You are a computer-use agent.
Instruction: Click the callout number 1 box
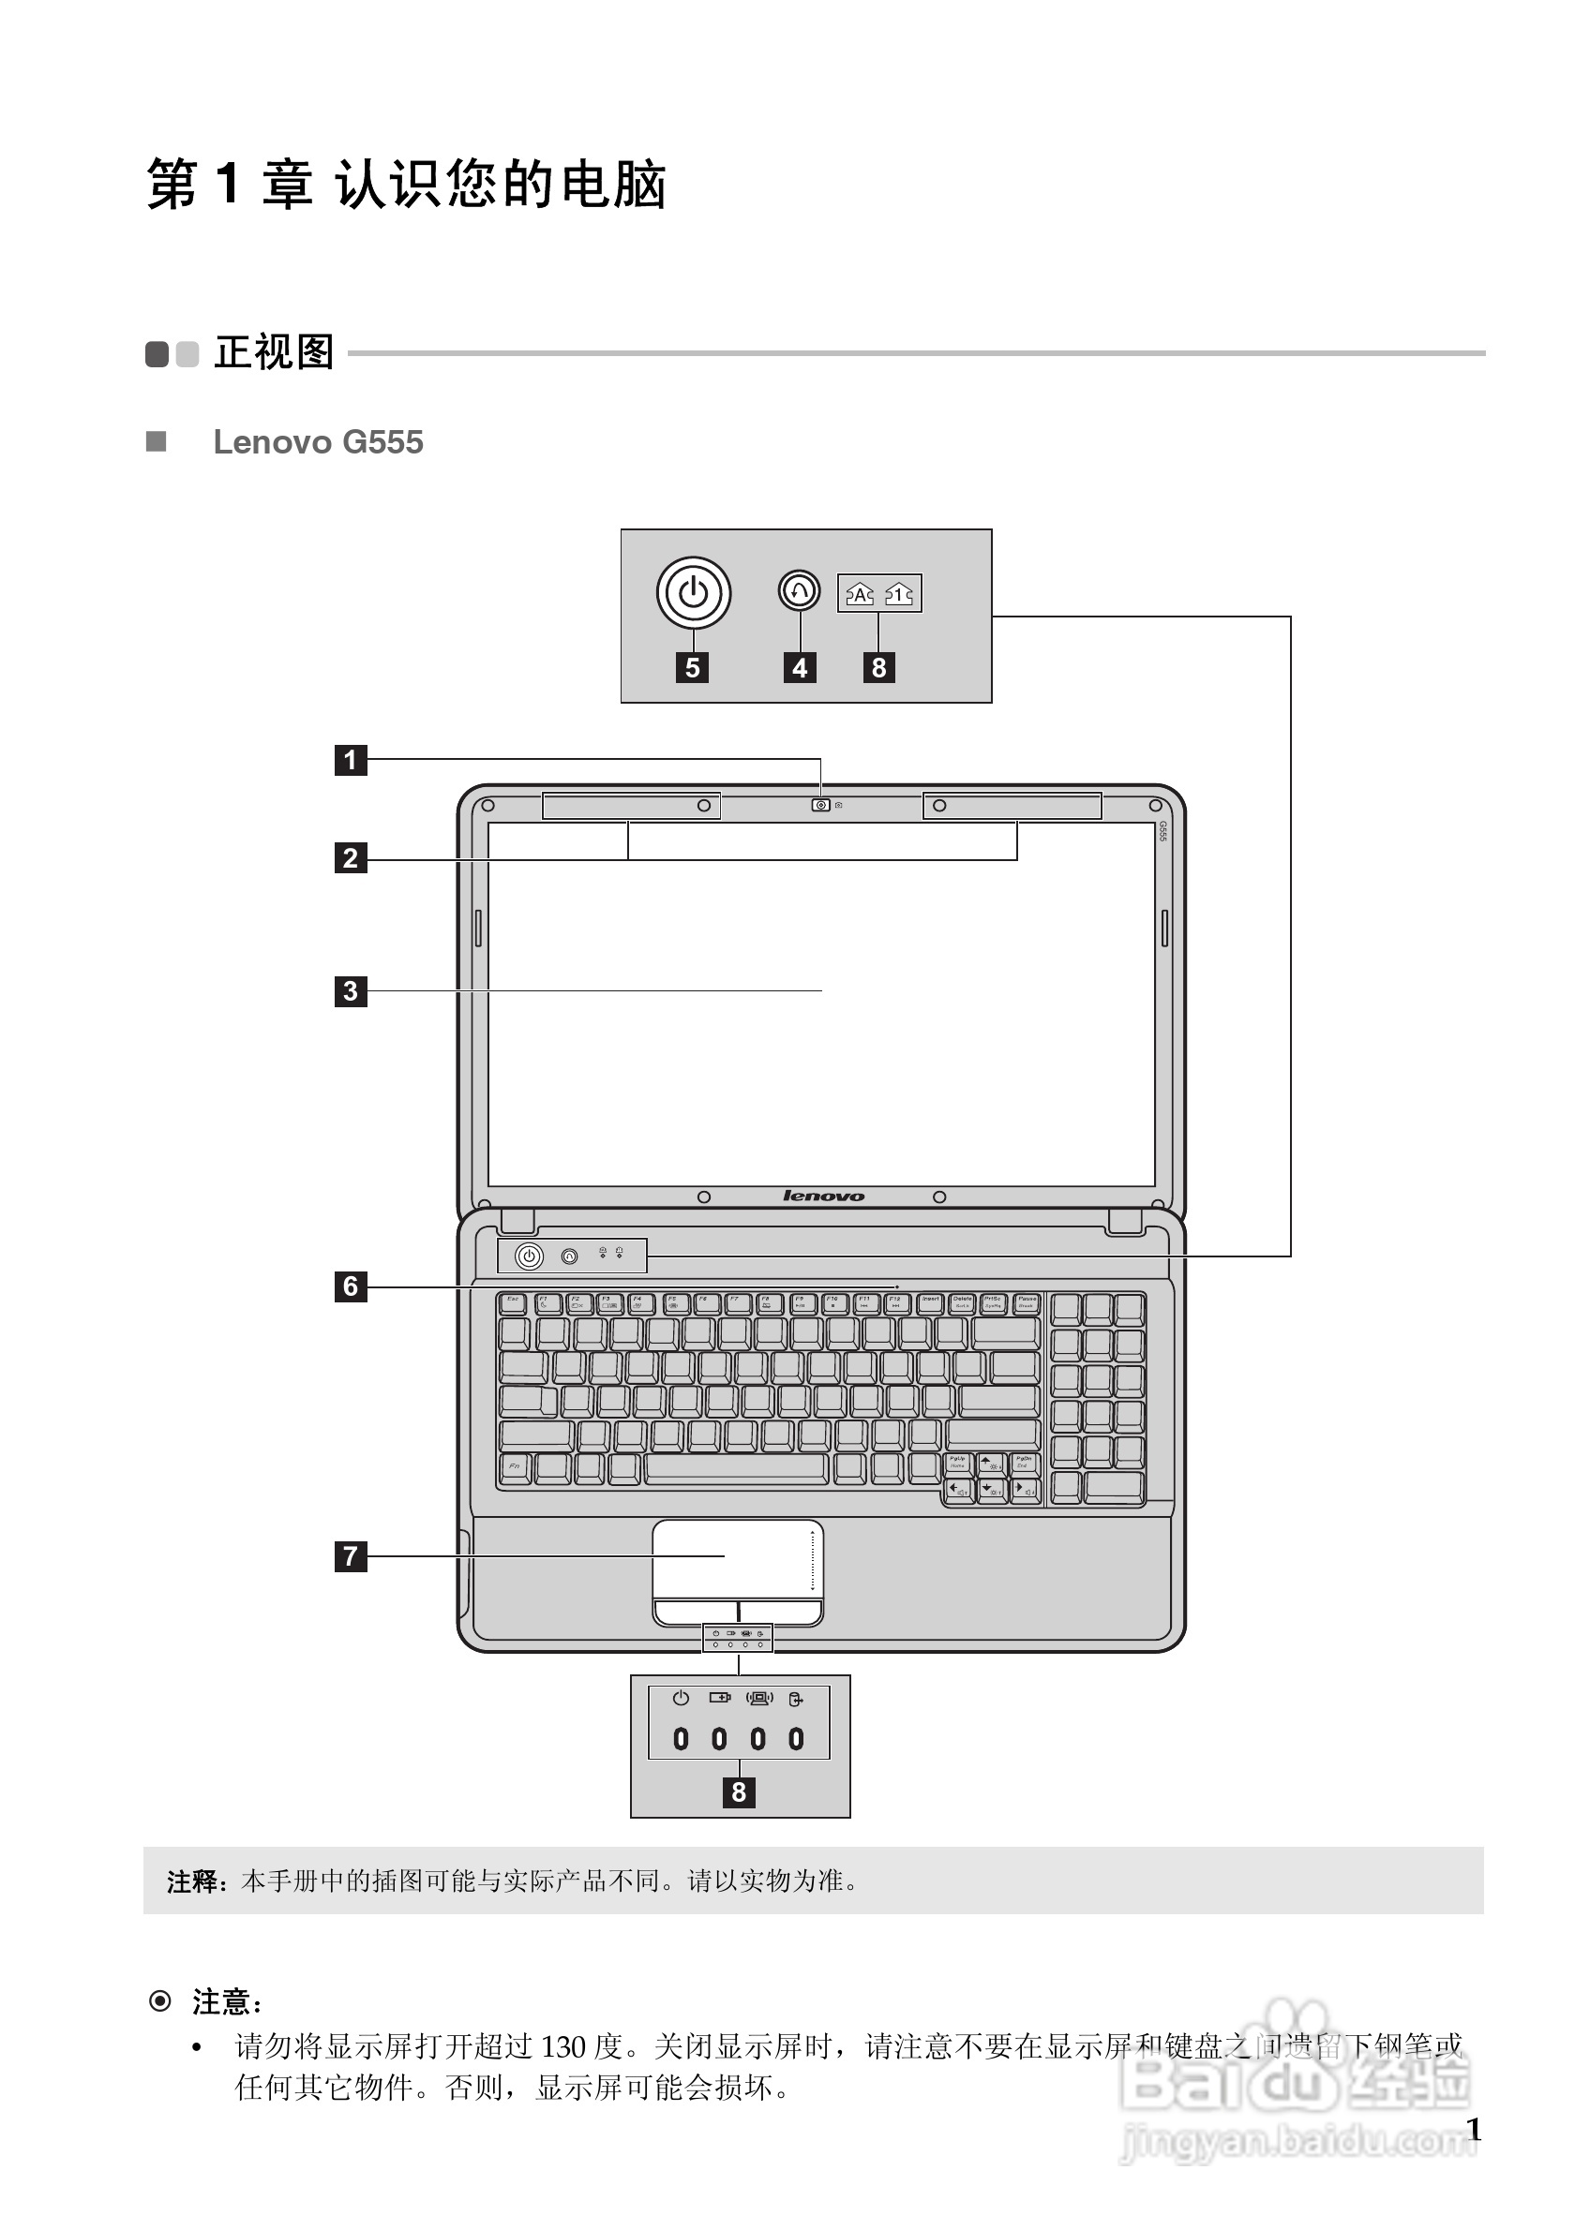[x=351, y=760]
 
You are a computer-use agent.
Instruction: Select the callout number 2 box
[x=351, y=858]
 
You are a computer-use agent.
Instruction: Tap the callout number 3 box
[x=351, y=990]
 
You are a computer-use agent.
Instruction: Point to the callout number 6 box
[x=351, y=1286]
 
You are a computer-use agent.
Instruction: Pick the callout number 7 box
[x=351, y=1556]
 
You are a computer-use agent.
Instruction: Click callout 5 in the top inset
[x=692, y=668]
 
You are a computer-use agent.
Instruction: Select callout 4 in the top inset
[x=800, y=668]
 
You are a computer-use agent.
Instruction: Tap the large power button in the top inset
[x=693, y=592]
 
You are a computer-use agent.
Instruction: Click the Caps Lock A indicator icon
[x=860, y=593]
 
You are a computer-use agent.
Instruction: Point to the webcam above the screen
[x=821, y=805]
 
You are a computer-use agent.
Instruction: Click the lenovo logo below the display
[x=823, y=1197]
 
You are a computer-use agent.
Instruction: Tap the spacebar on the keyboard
[x=736, y=1467]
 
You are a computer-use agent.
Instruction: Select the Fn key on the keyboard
[x=514, y=1467]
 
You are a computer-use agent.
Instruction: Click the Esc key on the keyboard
[x=513, y=1302]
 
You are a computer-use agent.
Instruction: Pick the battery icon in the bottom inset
[x=720, y=1698]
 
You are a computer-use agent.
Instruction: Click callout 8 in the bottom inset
[x=739, y=1791]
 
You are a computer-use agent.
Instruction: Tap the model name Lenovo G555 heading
[x=318, y=442]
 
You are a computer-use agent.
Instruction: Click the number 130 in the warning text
[x=562, y=2046]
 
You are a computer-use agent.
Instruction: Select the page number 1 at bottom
[x=1473, y=2130]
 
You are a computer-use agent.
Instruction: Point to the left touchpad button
[x=695, y=1613]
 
